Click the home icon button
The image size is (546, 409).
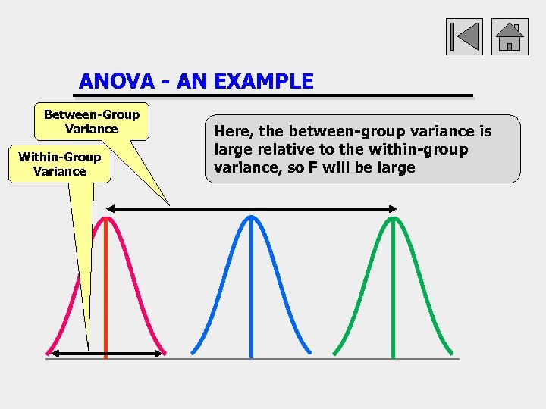(510, 37)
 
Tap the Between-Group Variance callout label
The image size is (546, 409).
(92, 122)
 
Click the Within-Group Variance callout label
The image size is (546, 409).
(59, 164)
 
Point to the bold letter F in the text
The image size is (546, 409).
(312, 167)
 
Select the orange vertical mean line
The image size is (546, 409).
(105, 303)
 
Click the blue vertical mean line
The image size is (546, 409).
(250, 303)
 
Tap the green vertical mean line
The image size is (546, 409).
(393, 303)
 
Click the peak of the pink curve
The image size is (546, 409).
(106, 219)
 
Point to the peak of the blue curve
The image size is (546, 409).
(250, 218)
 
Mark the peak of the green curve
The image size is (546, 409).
(393, 219)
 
